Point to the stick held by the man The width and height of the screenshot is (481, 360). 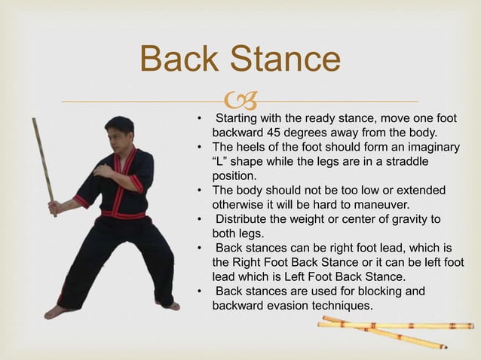pos(44,166)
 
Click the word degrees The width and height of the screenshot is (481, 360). pos(308,133)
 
